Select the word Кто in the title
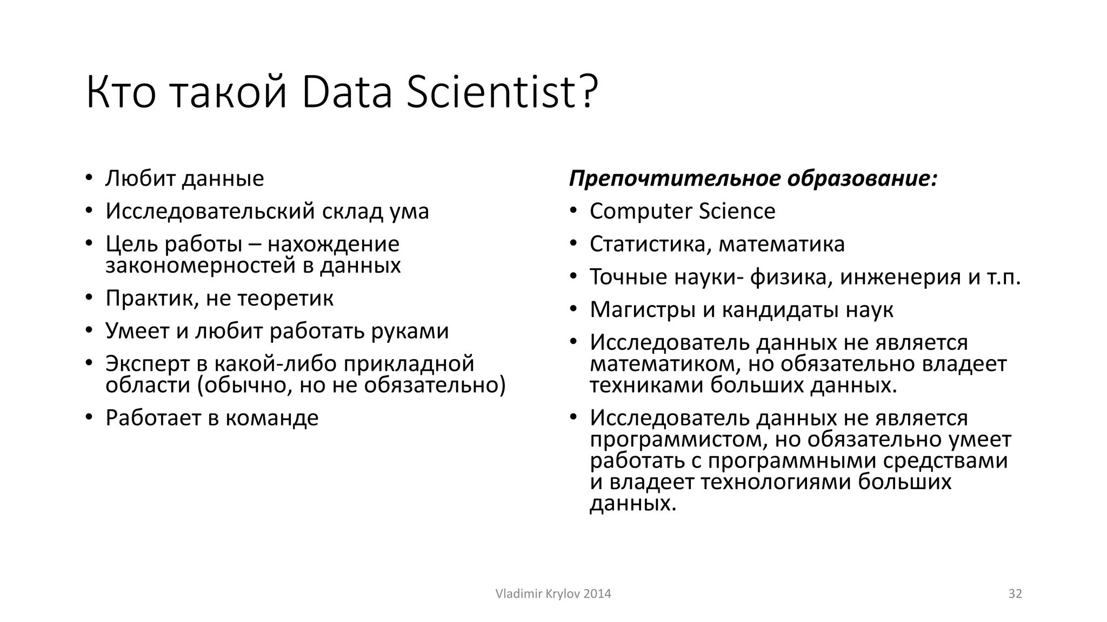[121, 93]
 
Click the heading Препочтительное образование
[752, 179]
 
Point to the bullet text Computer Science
[682, 211]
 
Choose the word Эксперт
[146, 364]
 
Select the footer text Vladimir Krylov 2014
[553, 594]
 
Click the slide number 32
[1015, 594]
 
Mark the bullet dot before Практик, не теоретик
[89, 298]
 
